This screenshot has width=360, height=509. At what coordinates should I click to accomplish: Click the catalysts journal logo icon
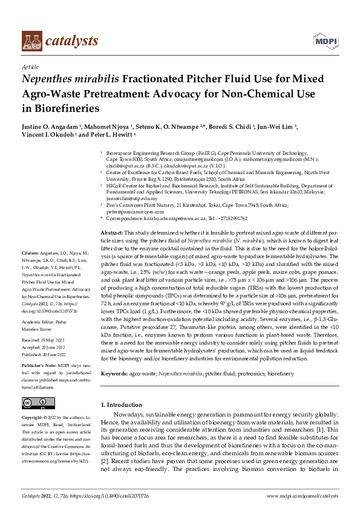click(x=33, y=41)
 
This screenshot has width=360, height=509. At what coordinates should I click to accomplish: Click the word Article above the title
click(x=30, y=67)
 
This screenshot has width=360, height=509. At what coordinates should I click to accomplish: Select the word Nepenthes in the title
click(x=48, y=79)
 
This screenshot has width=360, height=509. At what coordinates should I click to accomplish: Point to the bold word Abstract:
click(x=113, y=233)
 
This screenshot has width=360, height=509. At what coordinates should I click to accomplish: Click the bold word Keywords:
click(x=115, y=375)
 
